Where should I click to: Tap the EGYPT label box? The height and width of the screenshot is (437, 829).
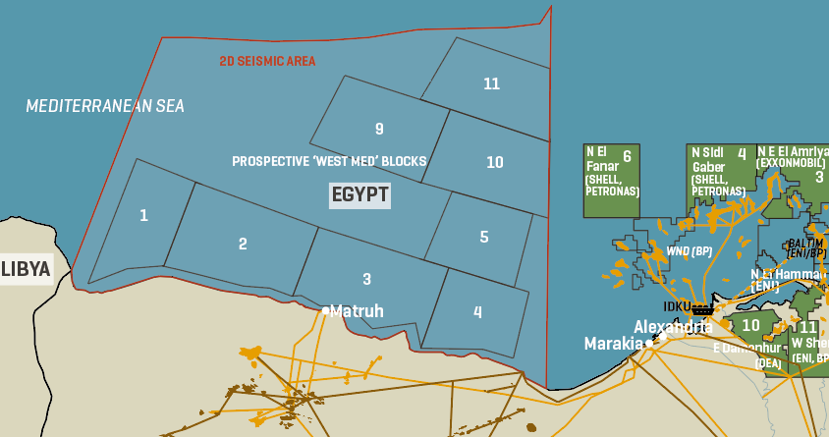[359, 194]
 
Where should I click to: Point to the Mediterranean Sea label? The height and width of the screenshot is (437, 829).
[105, 106]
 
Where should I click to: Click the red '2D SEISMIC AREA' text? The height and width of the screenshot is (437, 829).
[267, 61]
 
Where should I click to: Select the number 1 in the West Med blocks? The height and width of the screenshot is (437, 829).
[143, 215]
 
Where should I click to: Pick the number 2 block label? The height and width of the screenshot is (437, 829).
[243, 244]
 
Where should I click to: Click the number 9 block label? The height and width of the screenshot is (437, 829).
[379, 129]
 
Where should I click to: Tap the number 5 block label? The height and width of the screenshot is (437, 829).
[484, 237]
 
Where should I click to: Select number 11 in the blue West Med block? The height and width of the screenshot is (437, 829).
[492, 83]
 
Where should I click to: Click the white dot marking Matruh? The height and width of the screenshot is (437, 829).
[326, 310]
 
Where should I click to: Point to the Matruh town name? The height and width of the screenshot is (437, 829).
[357, 311]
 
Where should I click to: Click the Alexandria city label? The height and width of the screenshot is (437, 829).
[673, 327]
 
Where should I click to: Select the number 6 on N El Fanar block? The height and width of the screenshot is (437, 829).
[626, 154]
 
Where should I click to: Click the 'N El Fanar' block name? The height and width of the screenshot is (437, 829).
[597, 159]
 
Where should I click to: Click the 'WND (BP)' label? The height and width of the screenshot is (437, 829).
[690, 251]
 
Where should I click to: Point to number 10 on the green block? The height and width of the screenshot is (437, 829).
[751, 324]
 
